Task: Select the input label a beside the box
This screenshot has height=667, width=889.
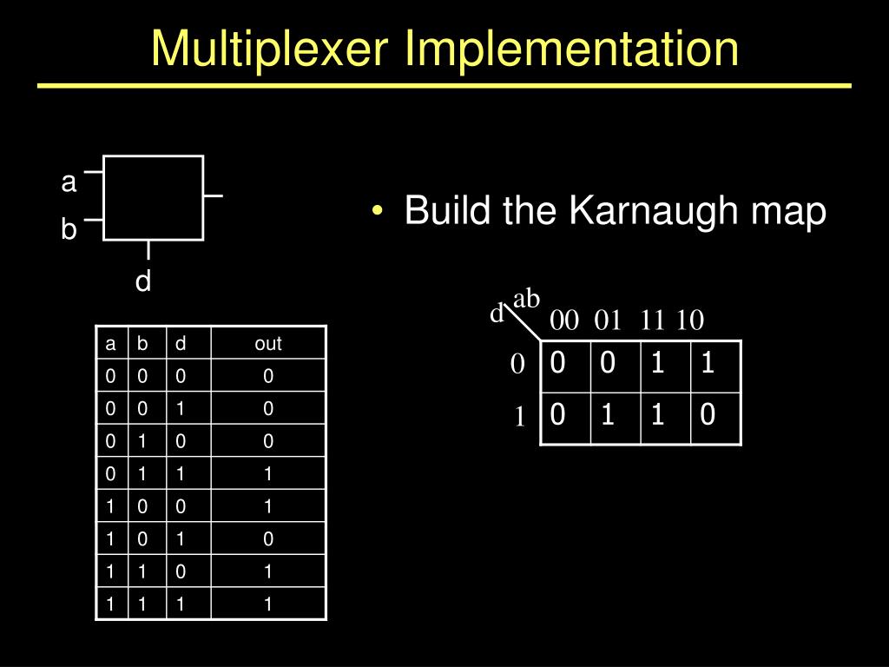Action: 69,182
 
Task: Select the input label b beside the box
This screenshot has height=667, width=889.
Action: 69,230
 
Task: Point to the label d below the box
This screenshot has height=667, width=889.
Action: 143,281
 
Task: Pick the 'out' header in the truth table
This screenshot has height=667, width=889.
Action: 268,343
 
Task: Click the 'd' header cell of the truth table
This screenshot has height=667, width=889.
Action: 181,343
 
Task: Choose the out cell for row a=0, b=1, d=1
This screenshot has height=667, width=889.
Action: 268,473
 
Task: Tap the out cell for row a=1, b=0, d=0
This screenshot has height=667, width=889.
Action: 268,506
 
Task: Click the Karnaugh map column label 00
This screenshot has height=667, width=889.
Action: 564,320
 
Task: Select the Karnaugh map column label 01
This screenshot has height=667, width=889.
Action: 608,320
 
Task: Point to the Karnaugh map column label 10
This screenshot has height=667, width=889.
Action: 690,320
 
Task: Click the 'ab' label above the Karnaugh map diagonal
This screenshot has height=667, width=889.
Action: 527,299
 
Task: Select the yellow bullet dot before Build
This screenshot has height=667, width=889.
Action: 377,213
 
